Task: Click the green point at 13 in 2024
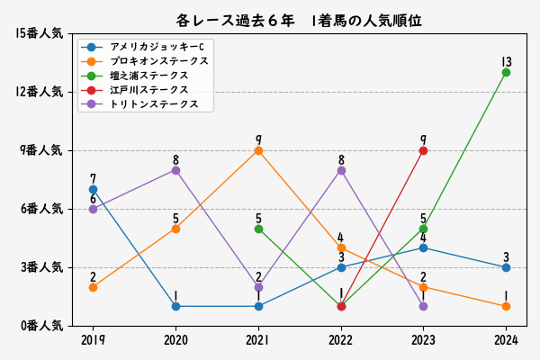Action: click(x=506, y=72)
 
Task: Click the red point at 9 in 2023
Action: click(x=423, y=150)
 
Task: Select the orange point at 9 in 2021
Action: click(x=258, y=150)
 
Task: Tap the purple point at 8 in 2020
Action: click(x=175, y=170)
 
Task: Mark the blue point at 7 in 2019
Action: click(x=93, y=189)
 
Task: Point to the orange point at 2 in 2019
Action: click(x=93, y=287)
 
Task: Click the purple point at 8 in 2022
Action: click(x=341, y=170)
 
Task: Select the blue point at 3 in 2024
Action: click(x=506, y=267)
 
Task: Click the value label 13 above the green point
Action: click(x=506, y=61)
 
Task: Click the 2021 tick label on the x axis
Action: click(x=258, y=340)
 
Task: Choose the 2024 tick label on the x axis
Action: click(x=506, y=340)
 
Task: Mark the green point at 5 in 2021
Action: click(x=258, y=229)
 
